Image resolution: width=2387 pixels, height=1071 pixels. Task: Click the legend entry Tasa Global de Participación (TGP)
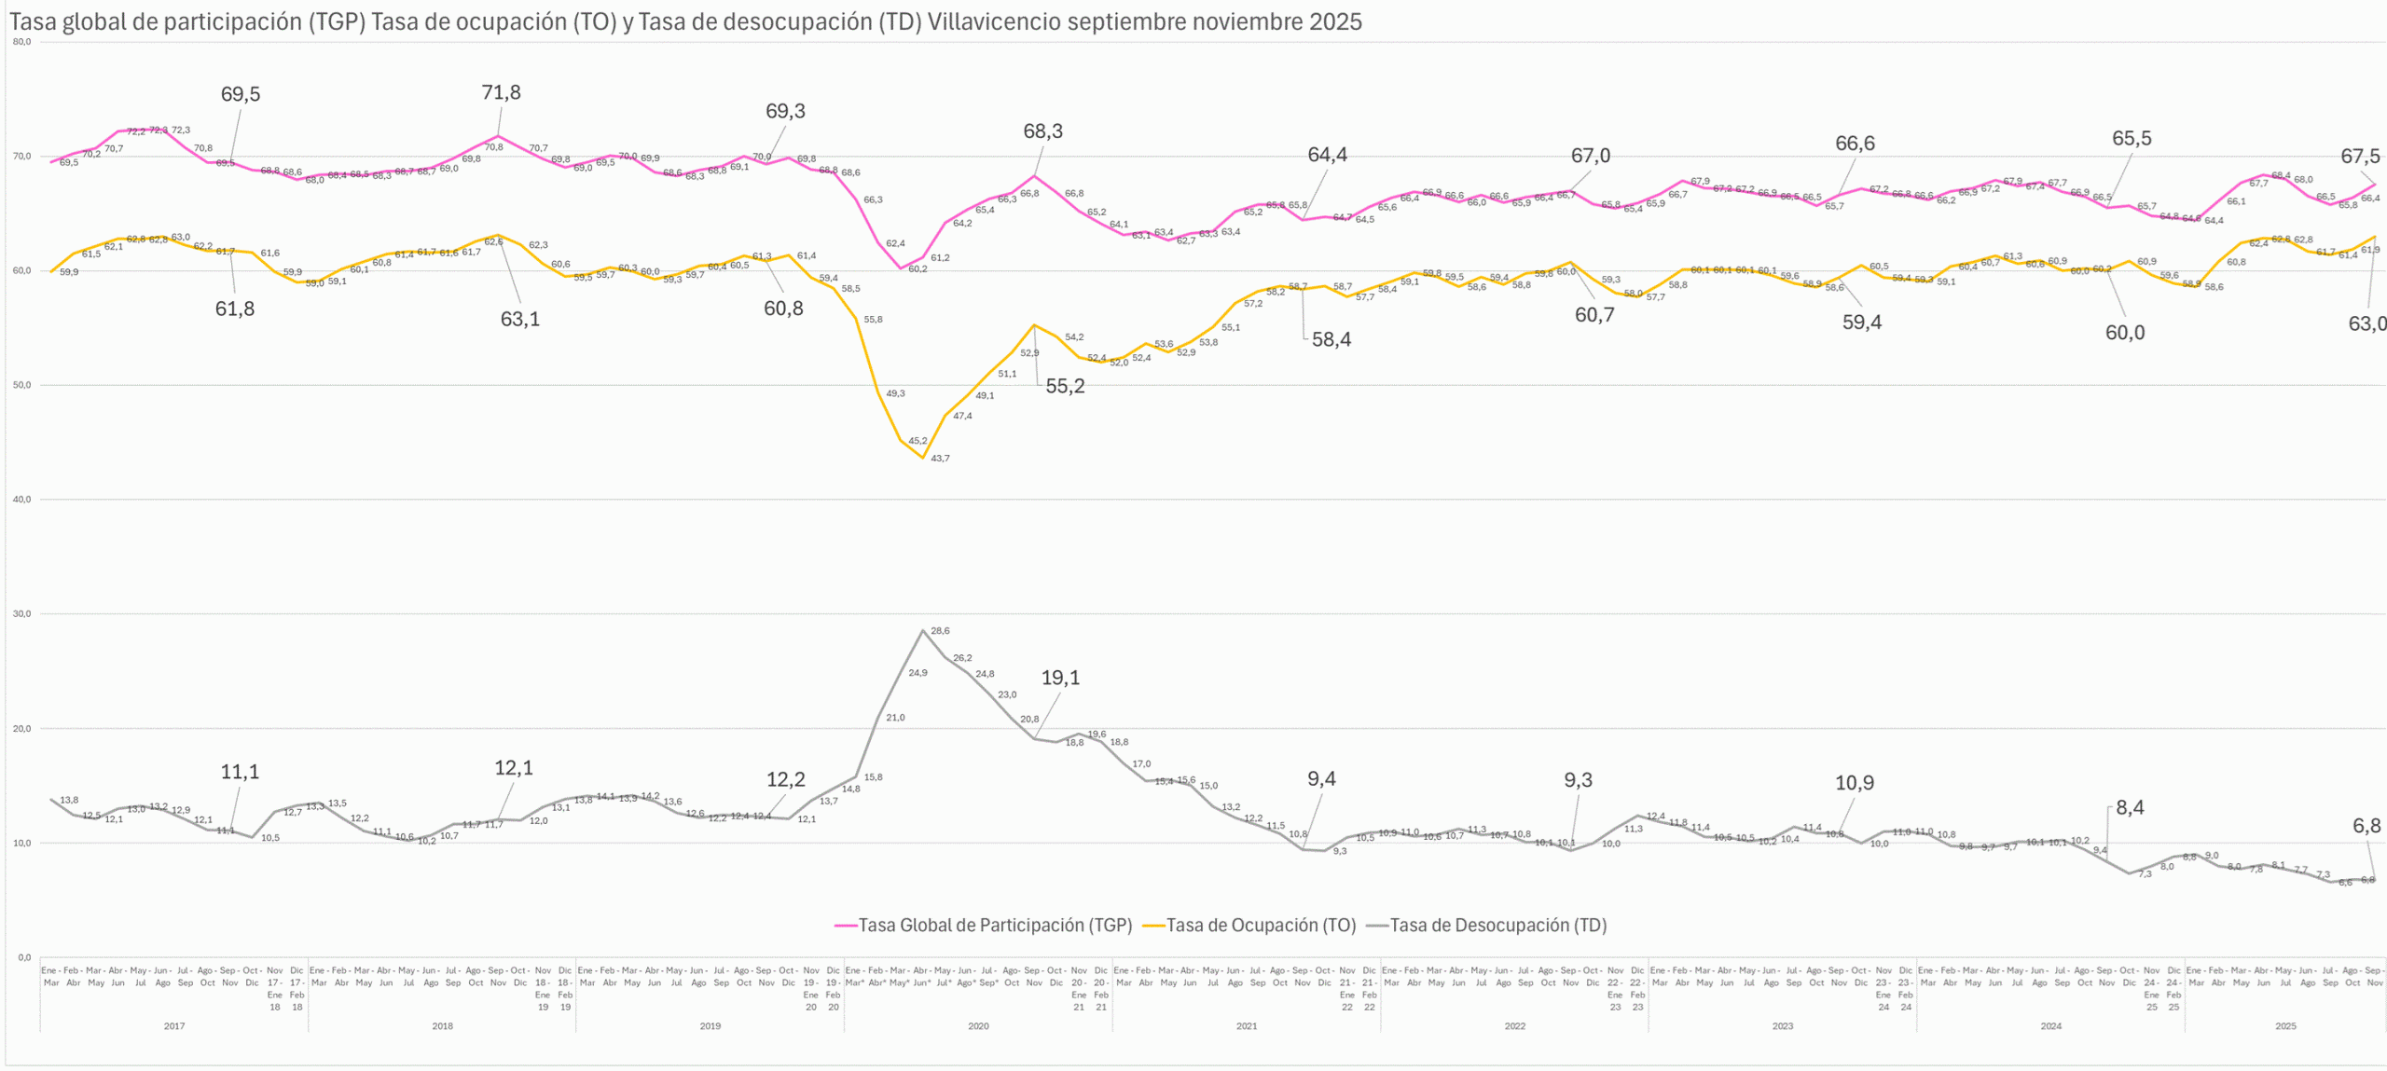pyautogui.click(x=994, y=925)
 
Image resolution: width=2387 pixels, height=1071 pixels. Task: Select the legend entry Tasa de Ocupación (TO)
pyautogui.click(x=1261, y=925)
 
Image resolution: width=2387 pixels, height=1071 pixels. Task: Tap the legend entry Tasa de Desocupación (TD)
pyautogui.click(x=1497, y=925)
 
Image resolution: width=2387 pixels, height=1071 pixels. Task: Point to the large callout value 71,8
pyautogui.click(x=501, y=92)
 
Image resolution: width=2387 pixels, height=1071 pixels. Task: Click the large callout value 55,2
pyautogui.click(x=1065, y=386)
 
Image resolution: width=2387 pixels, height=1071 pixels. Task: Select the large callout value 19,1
pyautogui.click(x=1060, y=678)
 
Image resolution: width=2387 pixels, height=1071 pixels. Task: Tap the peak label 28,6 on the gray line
pyautogui.click(x=940, y=631)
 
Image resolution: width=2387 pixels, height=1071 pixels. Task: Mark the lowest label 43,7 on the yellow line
pyautogui.click(x=940, y=459)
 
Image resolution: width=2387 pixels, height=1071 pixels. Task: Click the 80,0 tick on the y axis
pyautogui.click(x=21, y=42)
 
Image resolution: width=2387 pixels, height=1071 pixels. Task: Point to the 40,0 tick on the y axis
pyautogui.click(x=21, y=500)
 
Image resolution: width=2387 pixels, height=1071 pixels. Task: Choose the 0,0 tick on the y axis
pyautogui.click(x=24, y=957)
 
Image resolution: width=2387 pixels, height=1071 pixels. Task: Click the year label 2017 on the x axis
pyautogui.click(x=174, y=1026)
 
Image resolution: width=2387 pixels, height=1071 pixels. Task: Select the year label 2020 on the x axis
pyautogui.click(x=978, y=1026)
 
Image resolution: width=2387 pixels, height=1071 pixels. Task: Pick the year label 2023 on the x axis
pyautogui.click(x=1782, y=1026)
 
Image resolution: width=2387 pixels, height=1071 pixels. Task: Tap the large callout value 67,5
pyautogui.click(x=2360, y=157)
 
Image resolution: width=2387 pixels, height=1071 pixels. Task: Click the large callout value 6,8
pyautogui.click(x=2366, y=825)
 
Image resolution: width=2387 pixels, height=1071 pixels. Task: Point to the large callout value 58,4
pyautogui.click(x=1331, y=339)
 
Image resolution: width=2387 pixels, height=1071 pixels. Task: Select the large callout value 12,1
pyautogui.click(x=514, y=768)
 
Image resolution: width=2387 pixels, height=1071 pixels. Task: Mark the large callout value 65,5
pyautogui.click(x=2132, y=139)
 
